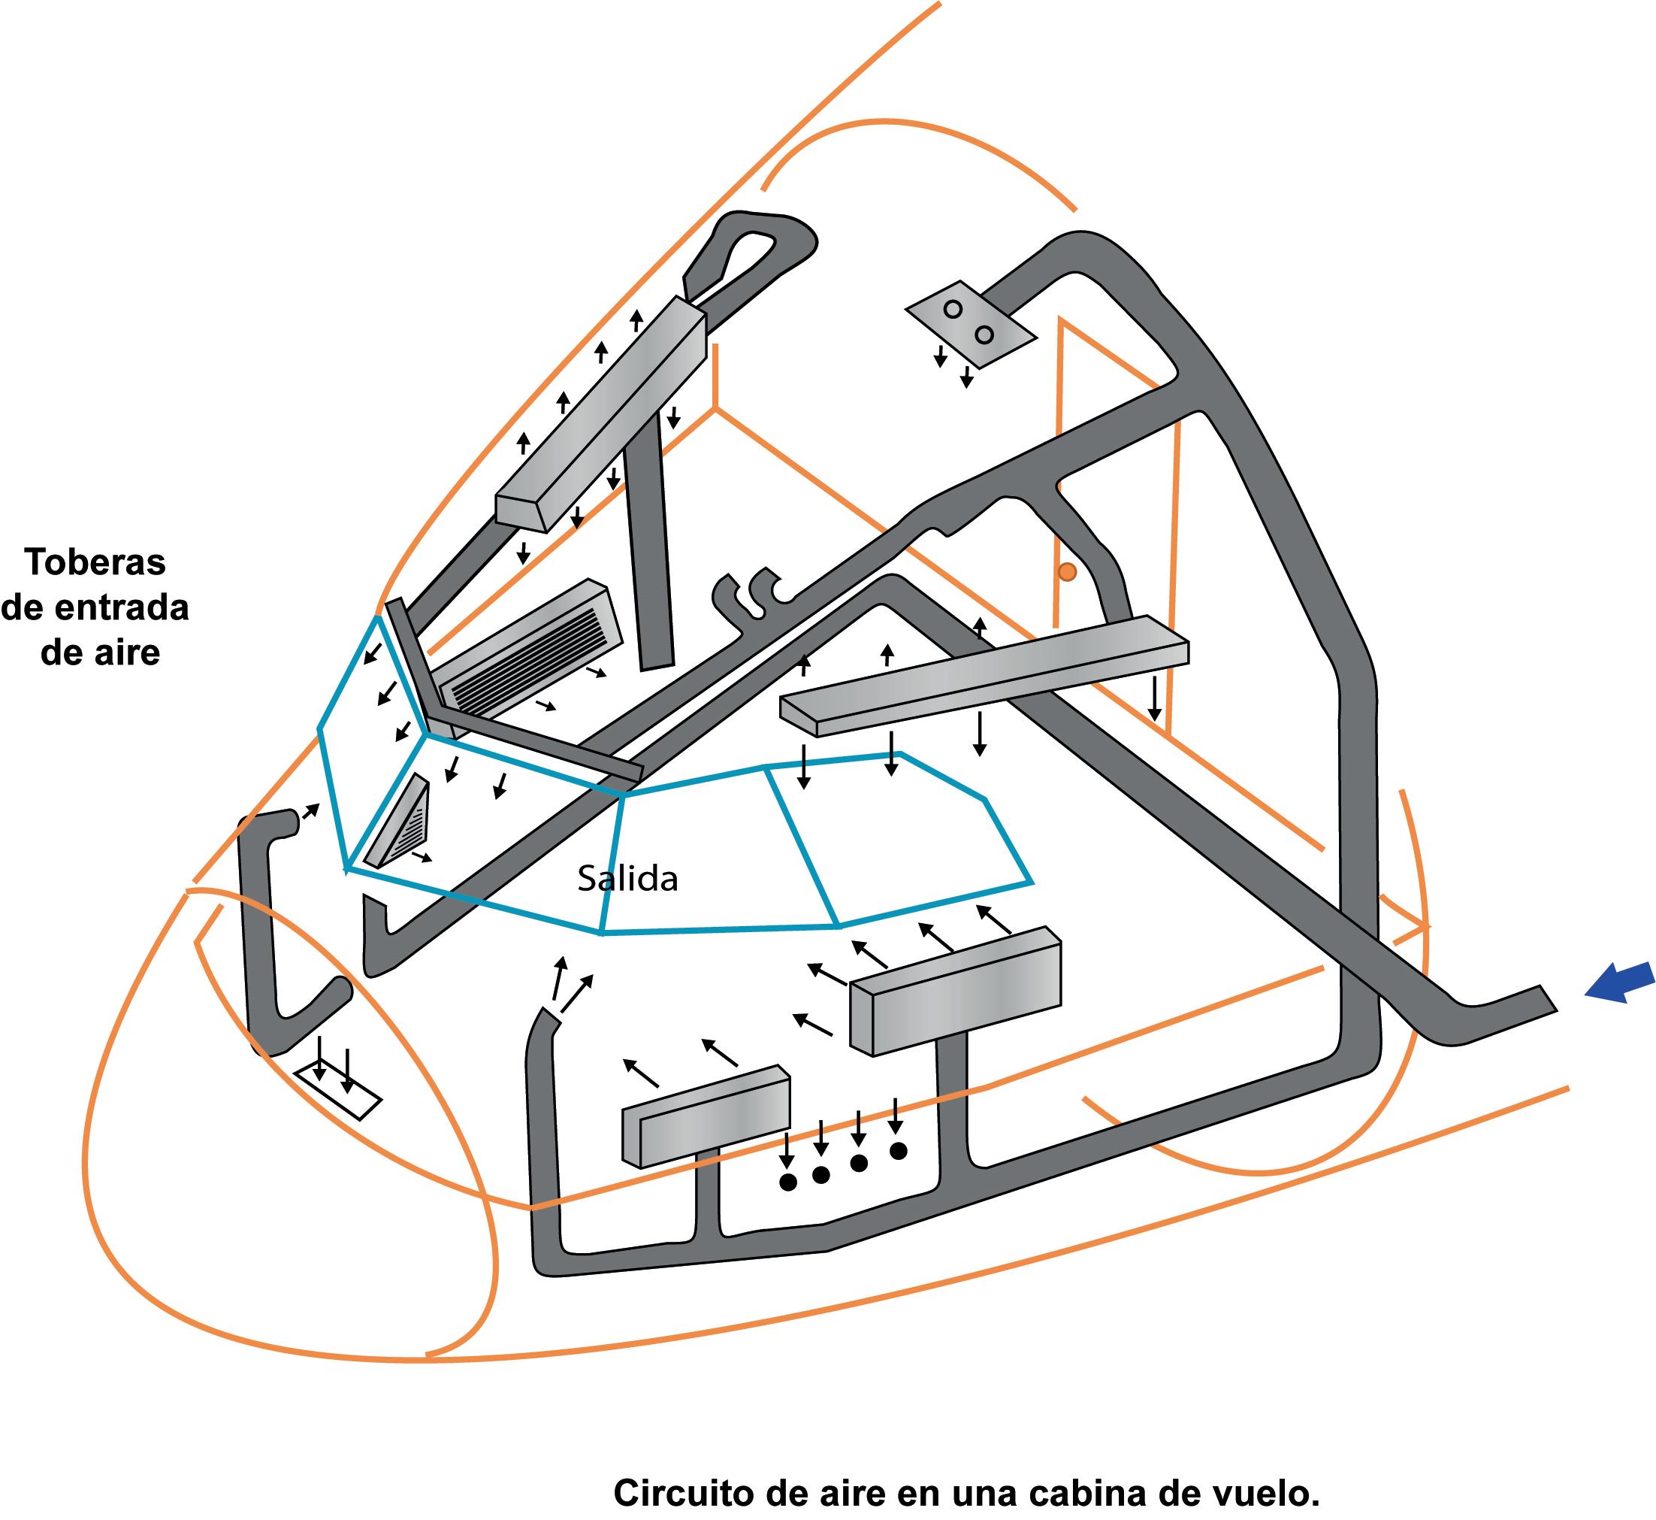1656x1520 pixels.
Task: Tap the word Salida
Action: pyautogui.click(x=627, y=880)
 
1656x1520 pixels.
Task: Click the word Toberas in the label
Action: pyautogui.click(x=95, y=562)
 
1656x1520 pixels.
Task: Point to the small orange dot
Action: pyautogui.click(x=1066, y=571)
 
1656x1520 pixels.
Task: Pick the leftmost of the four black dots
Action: pyautogui.click(x=787, y=1182)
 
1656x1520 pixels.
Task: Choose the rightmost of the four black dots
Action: pyautogui.click(x=898, y=1151)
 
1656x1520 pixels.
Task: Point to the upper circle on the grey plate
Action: pyautogui.click(x=953, y=309)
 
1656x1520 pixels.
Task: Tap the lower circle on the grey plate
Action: pyautogui.click(x=984, y=335)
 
